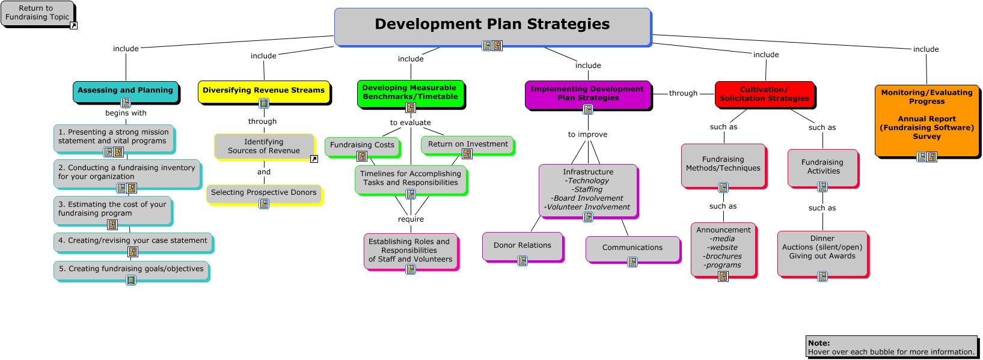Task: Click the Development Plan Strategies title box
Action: point(493,26)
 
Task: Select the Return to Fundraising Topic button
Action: point(38,14)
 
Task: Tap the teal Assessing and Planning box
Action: point(126,92)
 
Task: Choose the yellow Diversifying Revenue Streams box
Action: point(264,92)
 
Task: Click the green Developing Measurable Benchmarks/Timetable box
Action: point(411,94)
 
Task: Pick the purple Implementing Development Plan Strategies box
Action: point(588,95)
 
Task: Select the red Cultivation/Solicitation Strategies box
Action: point(765,94)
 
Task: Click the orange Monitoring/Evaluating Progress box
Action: point(927,121)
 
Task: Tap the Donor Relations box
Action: point(522,247)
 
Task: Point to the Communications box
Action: point(633,249)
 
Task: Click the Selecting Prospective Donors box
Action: point(264,194)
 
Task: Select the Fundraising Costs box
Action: point(363,147)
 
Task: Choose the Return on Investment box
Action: point(468,145)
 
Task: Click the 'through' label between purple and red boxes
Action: point(683,93)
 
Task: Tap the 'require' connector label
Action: point(411,219)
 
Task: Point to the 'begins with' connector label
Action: point(126,113)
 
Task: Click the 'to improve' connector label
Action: point(587,134)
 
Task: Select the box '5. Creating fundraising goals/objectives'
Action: point(132,271)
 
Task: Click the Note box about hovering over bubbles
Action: point(892,347)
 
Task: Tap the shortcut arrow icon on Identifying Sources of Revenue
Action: point(314,159)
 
